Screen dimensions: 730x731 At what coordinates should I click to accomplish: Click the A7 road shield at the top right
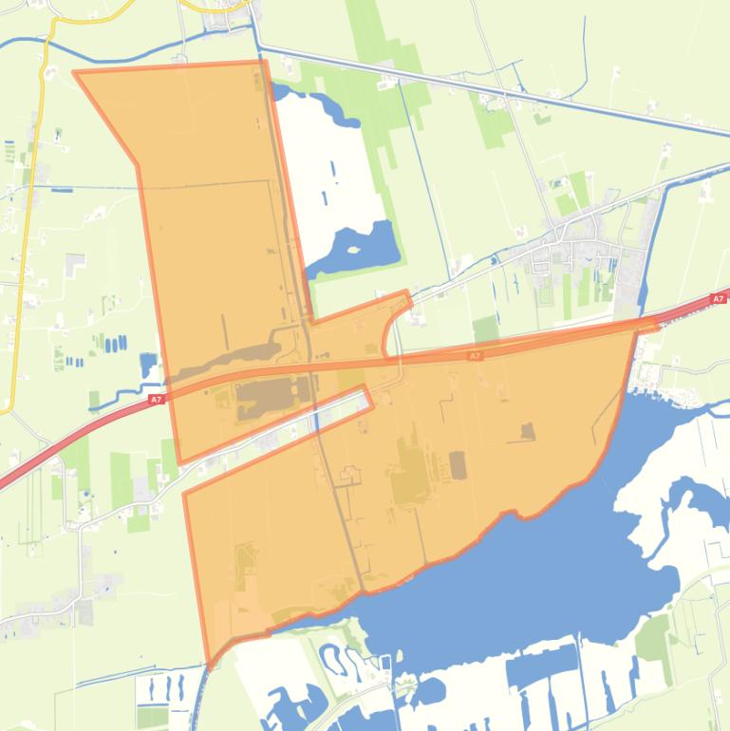tap(719, 299)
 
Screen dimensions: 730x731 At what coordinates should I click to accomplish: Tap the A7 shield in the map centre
tap(476, 356)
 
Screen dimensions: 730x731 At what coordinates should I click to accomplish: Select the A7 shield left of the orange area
tap(156, 400)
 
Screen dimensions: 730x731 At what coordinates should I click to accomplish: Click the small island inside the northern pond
tap(354, 251)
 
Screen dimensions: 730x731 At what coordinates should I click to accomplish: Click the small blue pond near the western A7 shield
tap(148, 365)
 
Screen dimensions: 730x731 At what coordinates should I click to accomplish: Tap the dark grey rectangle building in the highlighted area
tap(458, 465)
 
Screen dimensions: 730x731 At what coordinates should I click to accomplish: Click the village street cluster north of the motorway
tap(570, 256)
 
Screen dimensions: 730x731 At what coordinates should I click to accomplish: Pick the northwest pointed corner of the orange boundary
tap(76, 72)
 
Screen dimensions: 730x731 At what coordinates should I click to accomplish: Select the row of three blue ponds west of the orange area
tap(114, 343)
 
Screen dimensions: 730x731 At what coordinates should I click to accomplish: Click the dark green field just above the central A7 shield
tap(485, 329)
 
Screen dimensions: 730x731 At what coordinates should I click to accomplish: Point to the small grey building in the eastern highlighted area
tap(527, 433)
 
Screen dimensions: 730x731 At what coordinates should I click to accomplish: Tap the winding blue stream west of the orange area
tap(119, 399)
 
